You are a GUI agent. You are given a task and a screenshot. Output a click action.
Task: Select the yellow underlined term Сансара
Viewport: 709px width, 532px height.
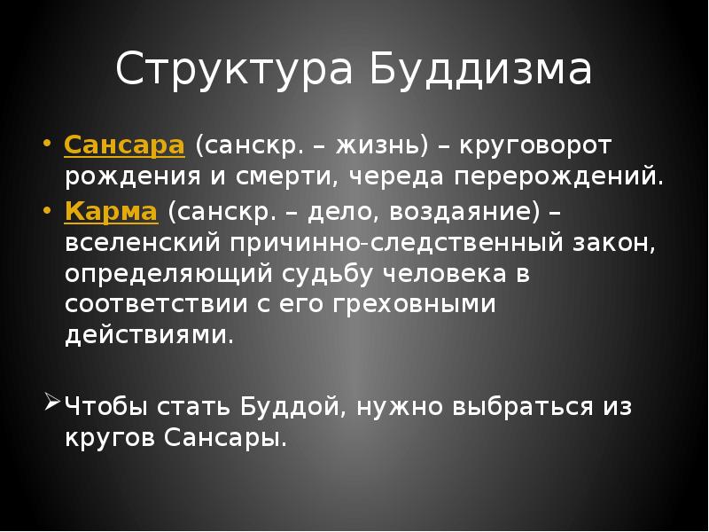click(x=124, y=145)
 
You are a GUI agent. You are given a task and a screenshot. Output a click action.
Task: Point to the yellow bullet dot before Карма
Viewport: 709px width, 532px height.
click(x=48, y=212)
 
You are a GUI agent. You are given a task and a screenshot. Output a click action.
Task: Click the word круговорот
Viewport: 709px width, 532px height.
click(x=535, y=145)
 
